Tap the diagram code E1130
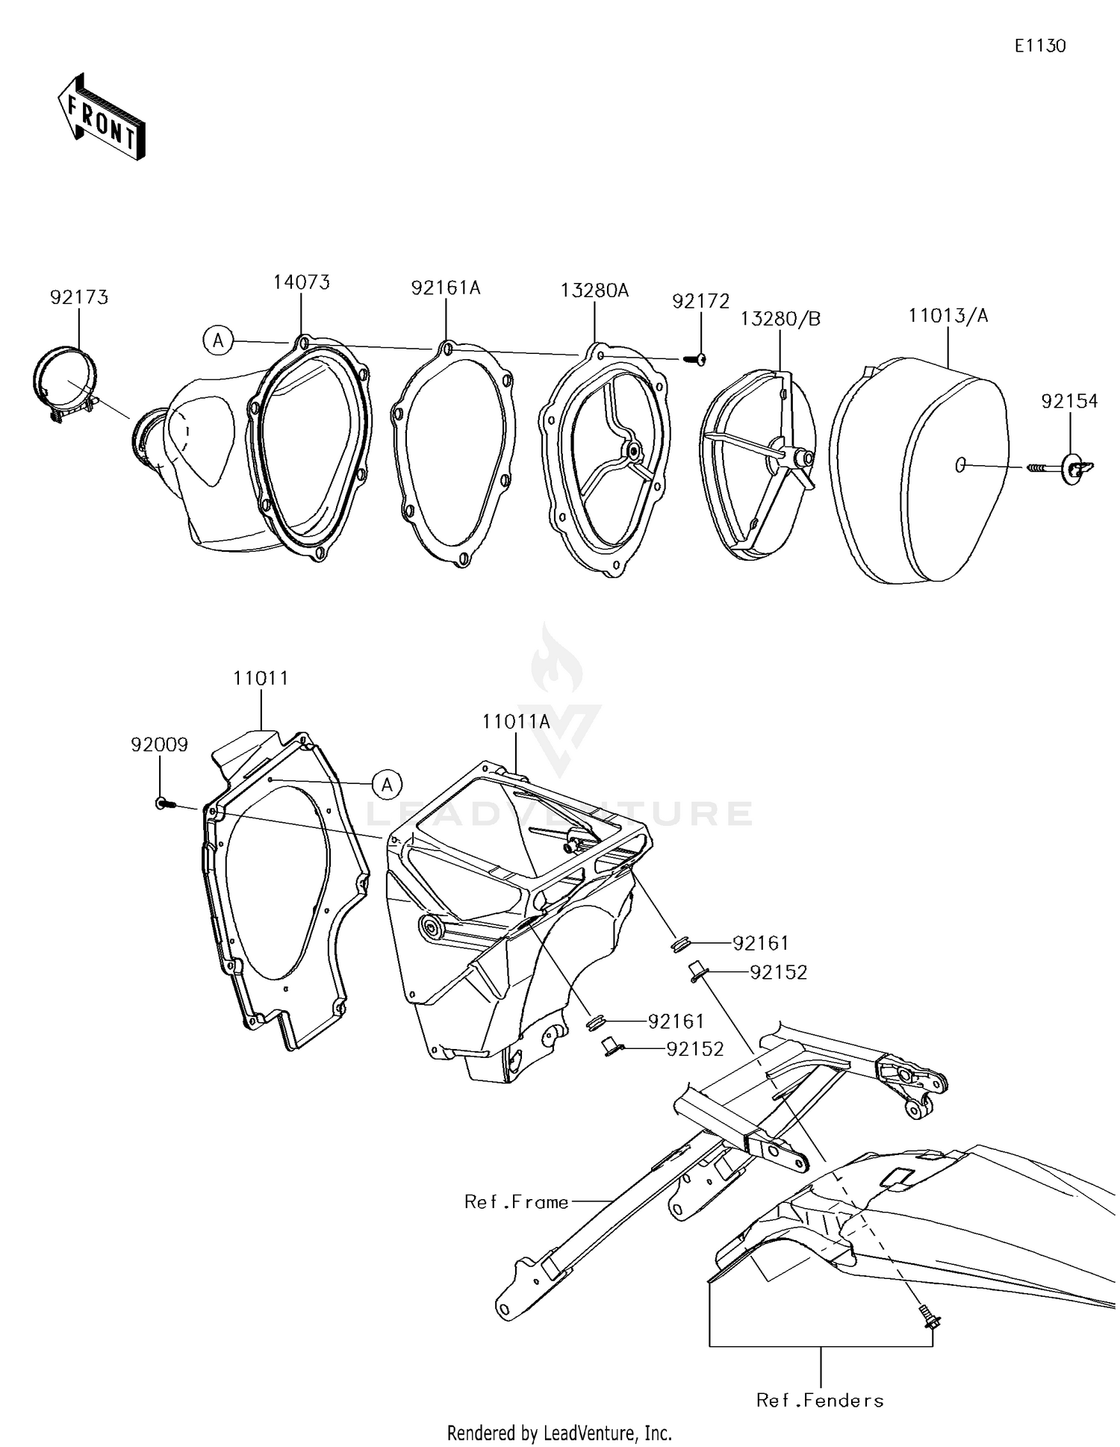pyautogui.click(x=1039, y=46)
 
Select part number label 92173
pyautogui.click(x=79, y=297)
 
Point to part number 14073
pyautogui.click(x=301, y=282)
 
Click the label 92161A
pyautogui.click(x=446, y=287)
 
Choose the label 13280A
pyautogui.click(x=595, y=290)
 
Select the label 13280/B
pyautogui.click(x=780, y=319)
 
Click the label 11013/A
pyautogui.click(x=948, y=316)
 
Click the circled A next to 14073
pyautogui.click(x=218, y=341)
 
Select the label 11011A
pyautogui.click(x=516, y=722)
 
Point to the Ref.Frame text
pyautogui.click(x=516, y=1201)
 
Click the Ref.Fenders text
pyautogui.click(x=820, y=1400)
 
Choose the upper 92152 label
pyautogui.click(x=779, y=973)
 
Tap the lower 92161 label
pyautogui.click(x=676, y=1021)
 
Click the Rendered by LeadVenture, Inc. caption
pyautogui.click(x=559, y=1432)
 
